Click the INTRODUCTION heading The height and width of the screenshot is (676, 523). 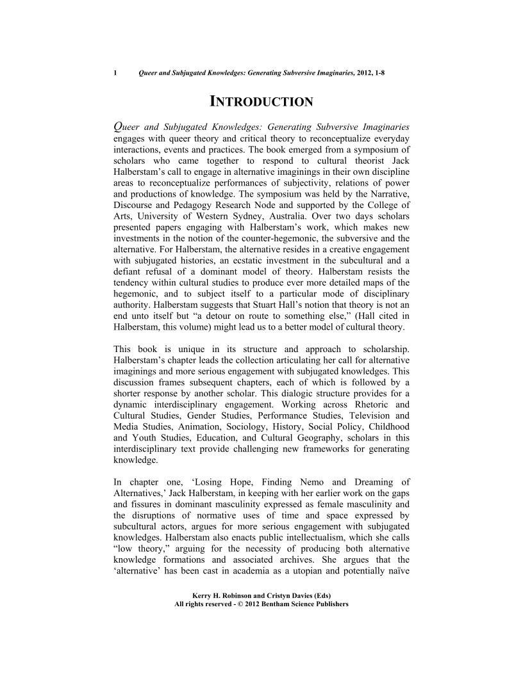(x=261, y=102)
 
